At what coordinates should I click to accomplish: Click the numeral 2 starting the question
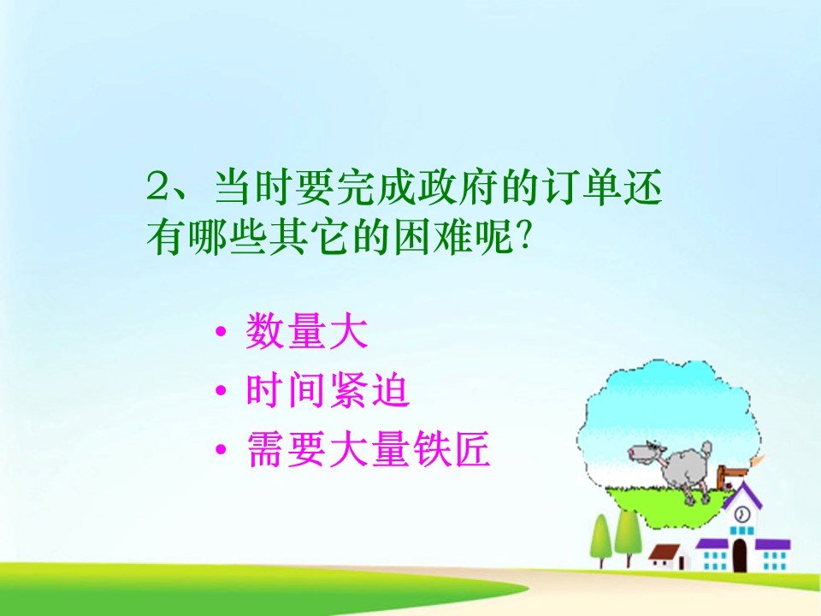pos(159,187)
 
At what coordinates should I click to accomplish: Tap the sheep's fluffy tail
pos(706,447)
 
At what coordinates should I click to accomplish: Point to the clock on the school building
pos(742,513)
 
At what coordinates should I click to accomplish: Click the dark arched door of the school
pos(740,554)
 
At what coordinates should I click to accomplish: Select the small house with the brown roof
pos(668,556)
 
